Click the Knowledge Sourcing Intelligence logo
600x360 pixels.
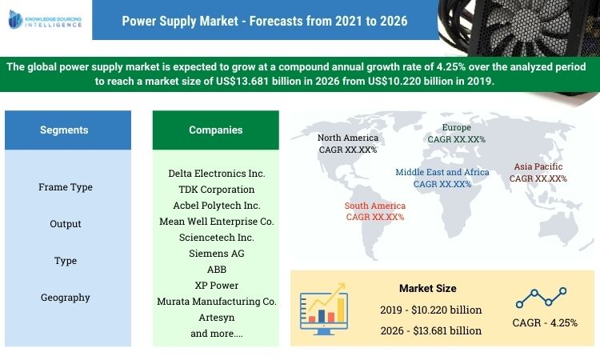(45, 19)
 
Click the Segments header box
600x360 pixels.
(64, 130)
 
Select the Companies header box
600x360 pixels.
(215, 130)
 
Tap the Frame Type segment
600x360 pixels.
(66, 187)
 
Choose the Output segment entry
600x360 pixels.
(66, 224)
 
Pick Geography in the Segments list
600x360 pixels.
(66, 298)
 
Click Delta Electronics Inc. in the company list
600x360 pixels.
(216, 173)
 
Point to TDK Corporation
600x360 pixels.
(216, 190)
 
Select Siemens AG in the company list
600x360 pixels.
(216, 253)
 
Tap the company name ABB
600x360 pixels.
(216, 270)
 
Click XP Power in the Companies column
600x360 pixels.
(216, 285)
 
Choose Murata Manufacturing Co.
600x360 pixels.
(216, 302)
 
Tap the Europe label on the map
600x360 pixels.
(457, 133)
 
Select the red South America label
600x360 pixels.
(375, 210)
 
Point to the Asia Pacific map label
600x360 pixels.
(538, 173)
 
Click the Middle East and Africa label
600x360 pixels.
(442, 178)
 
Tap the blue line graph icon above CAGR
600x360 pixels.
(542, 298)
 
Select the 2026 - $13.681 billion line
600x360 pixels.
(430, 330)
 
